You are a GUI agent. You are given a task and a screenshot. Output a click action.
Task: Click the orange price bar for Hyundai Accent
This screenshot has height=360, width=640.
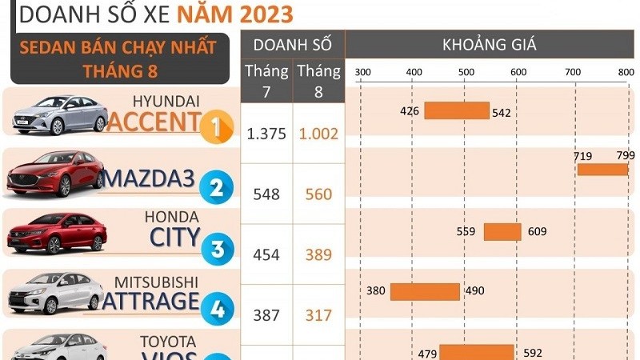456,111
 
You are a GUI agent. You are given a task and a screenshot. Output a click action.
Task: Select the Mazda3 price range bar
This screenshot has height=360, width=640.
602,170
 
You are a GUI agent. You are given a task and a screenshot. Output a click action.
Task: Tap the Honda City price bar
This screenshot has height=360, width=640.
502,232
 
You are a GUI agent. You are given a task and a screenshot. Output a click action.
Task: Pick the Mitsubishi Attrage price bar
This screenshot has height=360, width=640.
425,291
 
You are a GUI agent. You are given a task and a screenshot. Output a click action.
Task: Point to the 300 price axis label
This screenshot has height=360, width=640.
362,72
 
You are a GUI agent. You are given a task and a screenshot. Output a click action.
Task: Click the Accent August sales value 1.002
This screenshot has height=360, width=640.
318,134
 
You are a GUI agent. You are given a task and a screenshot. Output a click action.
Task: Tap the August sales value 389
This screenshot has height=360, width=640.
318,254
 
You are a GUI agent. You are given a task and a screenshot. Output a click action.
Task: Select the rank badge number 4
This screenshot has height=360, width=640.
216,309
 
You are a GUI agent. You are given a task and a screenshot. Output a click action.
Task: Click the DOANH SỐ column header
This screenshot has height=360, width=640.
292,45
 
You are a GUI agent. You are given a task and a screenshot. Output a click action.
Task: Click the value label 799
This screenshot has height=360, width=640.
626,155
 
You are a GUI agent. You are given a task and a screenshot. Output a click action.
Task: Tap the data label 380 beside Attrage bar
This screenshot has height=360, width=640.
375,291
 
